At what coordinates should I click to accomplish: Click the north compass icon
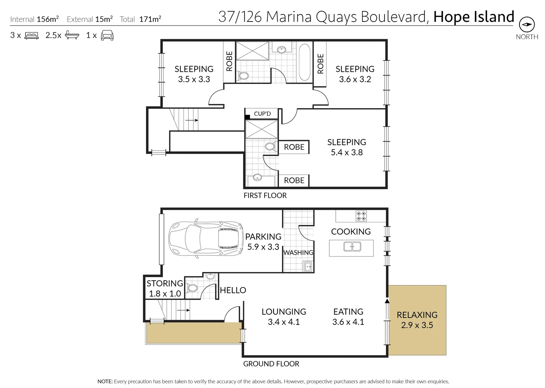click(527, 24)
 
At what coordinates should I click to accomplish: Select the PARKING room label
click(263, 237)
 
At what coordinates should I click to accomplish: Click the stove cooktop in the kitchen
click(361, 216)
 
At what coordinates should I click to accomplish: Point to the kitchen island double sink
click(352, 247)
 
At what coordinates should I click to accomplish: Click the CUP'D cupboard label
click(262, 114)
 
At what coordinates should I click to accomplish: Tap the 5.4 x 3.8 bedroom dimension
click(347, 153)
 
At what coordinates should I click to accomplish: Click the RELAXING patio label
click(417, 315)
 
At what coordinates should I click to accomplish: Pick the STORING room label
click(165, 283)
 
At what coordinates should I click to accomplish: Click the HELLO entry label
click(233, 290)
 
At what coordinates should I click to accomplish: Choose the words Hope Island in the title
click(473, 17)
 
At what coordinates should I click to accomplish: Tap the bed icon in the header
click(31, 36)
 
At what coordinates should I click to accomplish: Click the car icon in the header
click(107, 35)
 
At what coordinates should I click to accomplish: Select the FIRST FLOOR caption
click(265, 195)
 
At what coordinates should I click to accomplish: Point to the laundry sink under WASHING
click(308, 267)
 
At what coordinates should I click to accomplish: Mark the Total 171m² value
click(150, 19)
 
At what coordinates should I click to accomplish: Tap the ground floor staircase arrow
click(183, 310)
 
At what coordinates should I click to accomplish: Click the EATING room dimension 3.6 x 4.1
click(348, 322)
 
